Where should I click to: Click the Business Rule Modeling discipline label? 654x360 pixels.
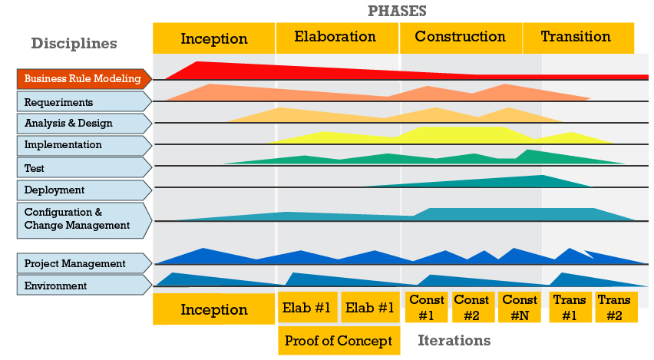83,78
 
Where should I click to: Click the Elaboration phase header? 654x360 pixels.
336,38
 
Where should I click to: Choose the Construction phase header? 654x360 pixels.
460,38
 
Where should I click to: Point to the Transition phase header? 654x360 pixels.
576,38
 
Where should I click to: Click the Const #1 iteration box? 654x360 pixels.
427,307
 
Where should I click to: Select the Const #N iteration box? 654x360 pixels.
520,307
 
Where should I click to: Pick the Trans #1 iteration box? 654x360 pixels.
570,307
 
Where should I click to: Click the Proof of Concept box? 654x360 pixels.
339,341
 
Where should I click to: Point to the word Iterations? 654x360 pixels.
454,340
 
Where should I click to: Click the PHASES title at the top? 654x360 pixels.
397,11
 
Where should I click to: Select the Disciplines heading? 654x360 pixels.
74,43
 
